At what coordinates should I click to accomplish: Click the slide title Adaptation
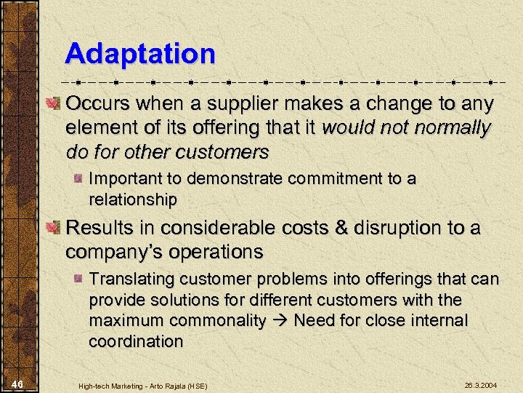pyautogui.click(x=139, y=54)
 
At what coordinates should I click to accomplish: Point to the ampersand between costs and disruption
pyautogui.click(x=340, y=229)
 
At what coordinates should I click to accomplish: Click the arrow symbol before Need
pyautogui.click(x=280, y=321)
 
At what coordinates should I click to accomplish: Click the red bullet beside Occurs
pyautogui.click(x=53, y=104)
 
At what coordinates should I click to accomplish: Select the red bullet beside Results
pyautogui.click(x=53, y=229)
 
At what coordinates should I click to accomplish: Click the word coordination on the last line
pyautogui.click(x=136, y=341)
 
